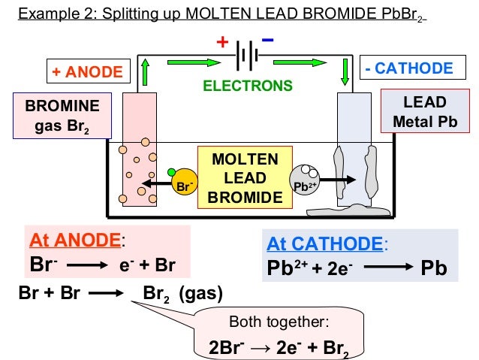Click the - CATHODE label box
[x=408, y=69]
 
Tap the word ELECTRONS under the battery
[x=248, y=86]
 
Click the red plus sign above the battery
[x=222, y=42]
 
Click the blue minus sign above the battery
[x=268, y=39]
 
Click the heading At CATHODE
[x=324, y=244]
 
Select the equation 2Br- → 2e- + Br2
[x=279, y=347]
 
